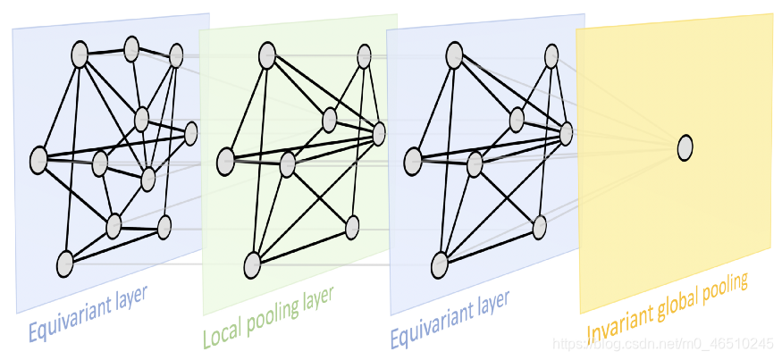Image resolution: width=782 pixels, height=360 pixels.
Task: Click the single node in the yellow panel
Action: (685, 147)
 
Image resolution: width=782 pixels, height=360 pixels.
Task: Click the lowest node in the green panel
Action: (252, 264)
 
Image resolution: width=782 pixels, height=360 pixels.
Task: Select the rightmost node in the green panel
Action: (378, 134)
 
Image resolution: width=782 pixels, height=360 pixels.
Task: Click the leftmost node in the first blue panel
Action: (38, 161)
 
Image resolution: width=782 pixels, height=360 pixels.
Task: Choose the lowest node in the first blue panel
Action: (64, 264)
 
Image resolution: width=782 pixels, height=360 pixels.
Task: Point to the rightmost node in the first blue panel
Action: (190, 134)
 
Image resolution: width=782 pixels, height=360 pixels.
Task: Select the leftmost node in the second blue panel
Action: (413, 161)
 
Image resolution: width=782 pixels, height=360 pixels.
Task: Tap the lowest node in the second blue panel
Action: (440, 264)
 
